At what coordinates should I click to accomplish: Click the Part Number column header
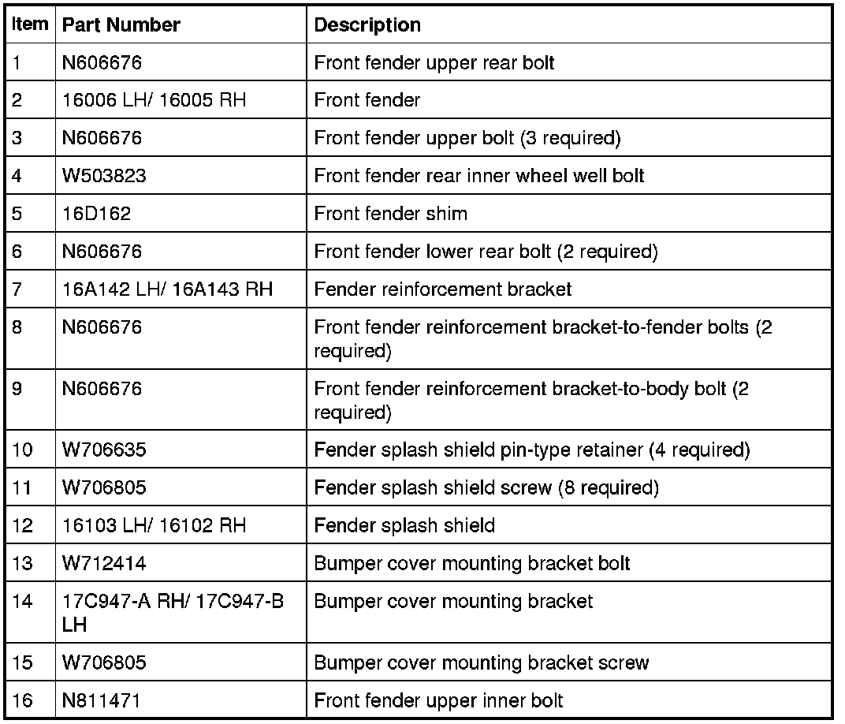pyautogui.click(x=121, y=25)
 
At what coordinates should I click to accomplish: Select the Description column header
pyautogui.click(x=367, y=25)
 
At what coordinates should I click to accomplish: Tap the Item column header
pyautogui.click(x=30, y=24)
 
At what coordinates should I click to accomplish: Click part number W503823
pyautogui.click(x=104, y=176)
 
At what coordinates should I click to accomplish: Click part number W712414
pyautogui.click(x=104, y=564)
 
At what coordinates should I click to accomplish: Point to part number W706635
pyautogui.click(x=104, y=450)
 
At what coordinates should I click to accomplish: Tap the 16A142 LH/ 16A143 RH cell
pyautogui.click(x=167, y=289)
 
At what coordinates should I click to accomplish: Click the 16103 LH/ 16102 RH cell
pyautogui.click(x=154, y=525)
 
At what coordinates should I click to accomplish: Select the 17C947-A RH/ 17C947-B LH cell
pyautogui.click(x=173, y=613)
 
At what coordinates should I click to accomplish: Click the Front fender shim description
pyautogui.click(x=390, y=214)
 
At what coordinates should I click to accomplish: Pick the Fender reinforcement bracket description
pyautogui.click(x=443, y=289)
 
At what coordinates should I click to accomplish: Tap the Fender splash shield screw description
pyautogui.click(x=486, y=488)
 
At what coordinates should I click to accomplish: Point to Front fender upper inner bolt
pyautogui.click(x=438, y=700)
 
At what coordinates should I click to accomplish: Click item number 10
pyautogui.click(x=23, y=450)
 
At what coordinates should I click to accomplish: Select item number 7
pyautogui.click(x=17, y=289)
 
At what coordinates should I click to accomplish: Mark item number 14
pyautogui.click(x=23, y=602)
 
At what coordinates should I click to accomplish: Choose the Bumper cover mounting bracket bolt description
pyautogui.click(x=471, y=564)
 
